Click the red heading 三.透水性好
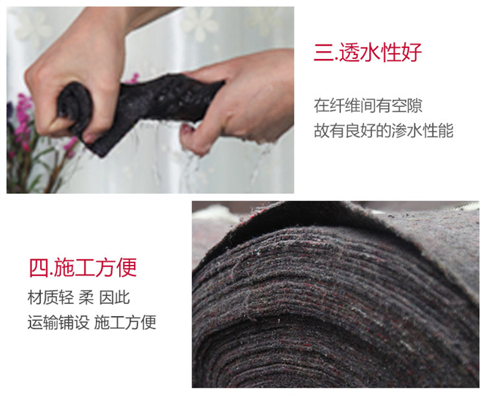(x=368, y=52)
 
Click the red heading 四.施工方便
(x=83, y=267)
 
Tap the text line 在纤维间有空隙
(x=368, y=106)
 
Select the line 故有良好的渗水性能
(x=383, y=131)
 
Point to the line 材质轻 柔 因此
(x=78, y=298)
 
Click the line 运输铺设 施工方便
(x=92, y=323)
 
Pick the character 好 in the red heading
(x=411, y=52)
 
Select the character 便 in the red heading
(x=126, y=267)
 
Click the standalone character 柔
(x=86, y=298)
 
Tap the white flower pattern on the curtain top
(x=199, y=22)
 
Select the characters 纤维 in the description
(x=344, y=106)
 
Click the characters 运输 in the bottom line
(x=43, y=323)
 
